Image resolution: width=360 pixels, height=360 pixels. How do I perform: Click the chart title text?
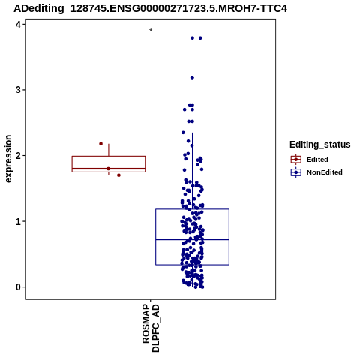[150, 8]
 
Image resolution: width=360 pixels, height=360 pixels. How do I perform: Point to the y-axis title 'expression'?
[8, 159]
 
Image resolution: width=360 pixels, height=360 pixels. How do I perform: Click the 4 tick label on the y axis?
[19, 24]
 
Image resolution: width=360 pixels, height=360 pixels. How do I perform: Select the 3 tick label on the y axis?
[19, 90]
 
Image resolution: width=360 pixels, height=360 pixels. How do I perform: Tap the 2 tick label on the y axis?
[19, 155]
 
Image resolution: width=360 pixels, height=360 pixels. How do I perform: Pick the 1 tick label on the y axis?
[19, 221]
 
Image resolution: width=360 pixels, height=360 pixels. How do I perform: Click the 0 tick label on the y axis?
[19, 287]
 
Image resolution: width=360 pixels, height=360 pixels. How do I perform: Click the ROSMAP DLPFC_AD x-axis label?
[151, 328]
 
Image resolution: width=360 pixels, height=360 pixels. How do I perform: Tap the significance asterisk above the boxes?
[151, 31]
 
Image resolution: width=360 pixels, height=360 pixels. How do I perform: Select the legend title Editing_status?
[320, 145]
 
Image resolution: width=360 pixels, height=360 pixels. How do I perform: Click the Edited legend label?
[317, 160]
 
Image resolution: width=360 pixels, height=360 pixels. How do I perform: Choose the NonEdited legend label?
[325, 172]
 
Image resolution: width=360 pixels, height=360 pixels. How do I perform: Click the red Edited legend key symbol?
[296, 160]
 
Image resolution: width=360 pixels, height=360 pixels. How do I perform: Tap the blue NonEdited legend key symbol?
[296, 172]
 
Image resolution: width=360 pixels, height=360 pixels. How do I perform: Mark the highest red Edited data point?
[101, 144]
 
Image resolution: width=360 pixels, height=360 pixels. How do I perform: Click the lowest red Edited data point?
[118, 175]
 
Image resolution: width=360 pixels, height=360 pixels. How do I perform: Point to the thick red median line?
[109, 169]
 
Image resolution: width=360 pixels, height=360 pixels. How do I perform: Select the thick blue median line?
[193, 239]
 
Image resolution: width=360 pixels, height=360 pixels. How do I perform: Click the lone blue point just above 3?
[192, 77]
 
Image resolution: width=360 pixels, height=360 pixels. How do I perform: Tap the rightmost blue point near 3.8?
[200, 38]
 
